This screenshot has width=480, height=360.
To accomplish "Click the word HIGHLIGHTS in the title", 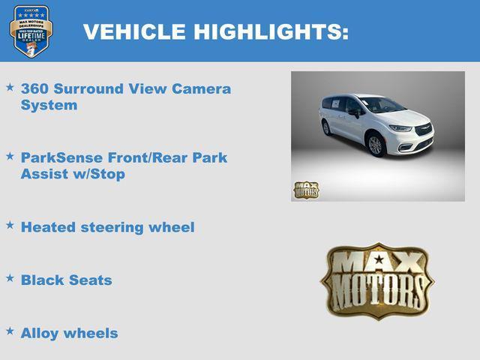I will pyautogui.click(x=268, y=32).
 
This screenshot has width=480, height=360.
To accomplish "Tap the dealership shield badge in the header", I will pyautogui.click(x=31, y=31).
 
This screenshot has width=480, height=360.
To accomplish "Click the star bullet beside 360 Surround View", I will pyautogui.click(x=10, y=88).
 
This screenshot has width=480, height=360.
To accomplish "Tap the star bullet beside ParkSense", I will pyautogui.click(x=10, y=156).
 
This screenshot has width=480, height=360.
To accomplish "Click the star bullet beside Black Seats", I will pyautogui.click(x=10, y=277).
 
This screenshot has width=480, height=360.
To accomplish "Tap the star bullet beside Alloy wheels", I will pyautogui.click(x=10, y=331).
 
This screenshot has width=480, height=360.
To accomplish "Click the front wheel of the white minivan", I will pyautogui.click(x=376, y=145).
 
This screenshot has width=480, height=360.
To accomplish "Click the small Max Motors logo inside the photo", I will pyautogui.click(x=306, y=190).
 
